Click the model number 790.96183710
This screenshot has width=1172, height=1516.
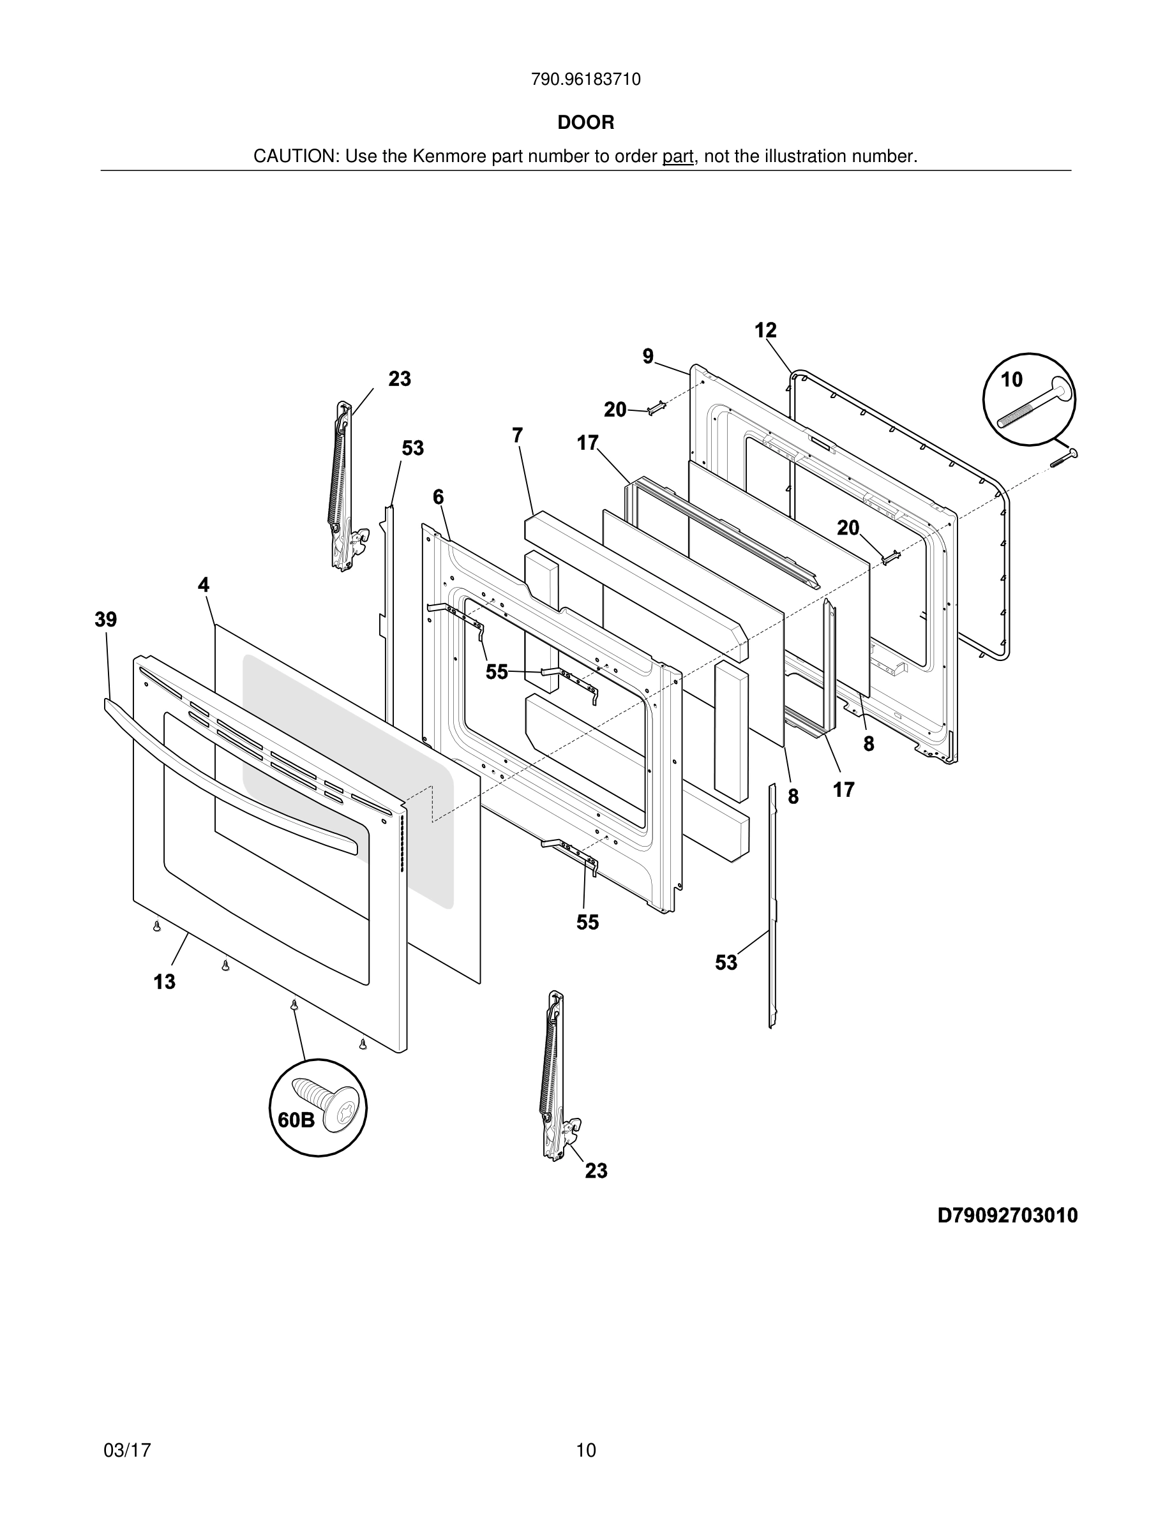[585, 80]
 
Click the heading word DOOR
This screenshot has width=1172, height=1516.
[585, 123]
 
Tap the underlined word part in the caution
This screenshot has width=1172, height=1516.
[678, 157]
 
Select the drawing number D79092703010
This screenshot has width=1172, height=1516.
[1007, 1215]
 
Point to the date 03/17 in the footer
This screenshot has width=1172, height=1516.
[127, 1450]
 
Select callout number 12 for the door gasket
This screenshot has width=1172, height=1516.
[765, 331]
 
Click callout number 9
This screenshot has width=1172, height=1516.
[648, 356]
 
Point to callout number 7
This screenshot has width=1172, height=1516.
[517, 435]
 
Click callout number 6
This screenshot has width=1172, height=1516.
[438, 497]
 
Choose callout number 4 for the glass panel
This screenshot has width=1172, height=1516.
[204, 584]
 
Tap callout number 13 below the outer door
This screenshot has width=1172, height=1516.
[165, 981]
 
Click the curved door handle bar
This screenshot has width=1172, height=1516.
[229, 771]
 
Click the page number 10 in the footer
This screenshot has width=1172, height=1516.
[585, 1450]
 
